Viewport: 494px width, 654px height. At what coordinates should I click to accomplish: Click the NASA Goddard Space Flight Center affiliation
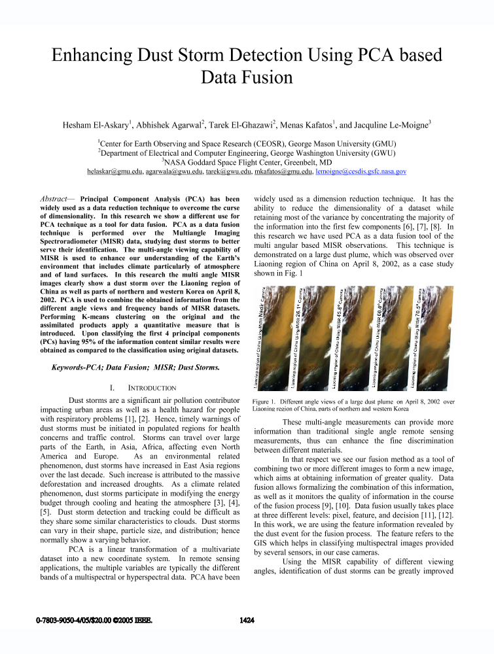point(247,161)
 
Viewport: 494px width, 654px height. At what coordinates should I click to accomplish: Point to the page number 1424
point(247,620)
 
